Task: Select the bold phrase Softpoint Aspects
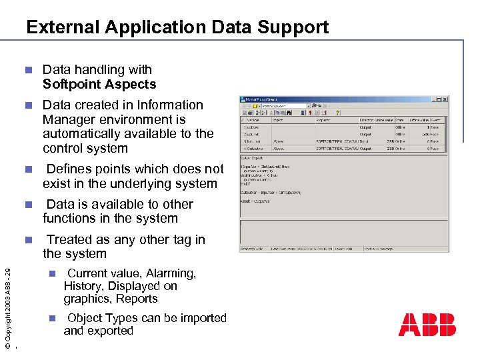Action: [x=99, y=85]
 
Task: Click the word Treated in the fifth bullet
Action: [x=69, y=240]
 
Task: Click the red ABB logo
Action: [x=427, y=325]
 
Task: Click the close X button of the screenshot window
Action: [x=445, y=99]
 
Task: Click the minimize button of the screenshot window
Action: [x=433, y=99]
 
